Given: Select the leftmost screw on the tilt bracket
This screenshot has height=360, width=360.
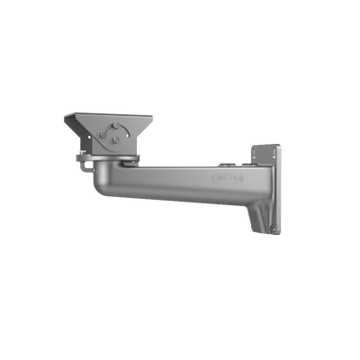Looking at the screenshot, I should click(x=103, y=136).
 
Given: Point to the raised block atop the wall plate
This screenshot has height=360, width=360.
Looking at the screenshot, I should click(x=265, y=147).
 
